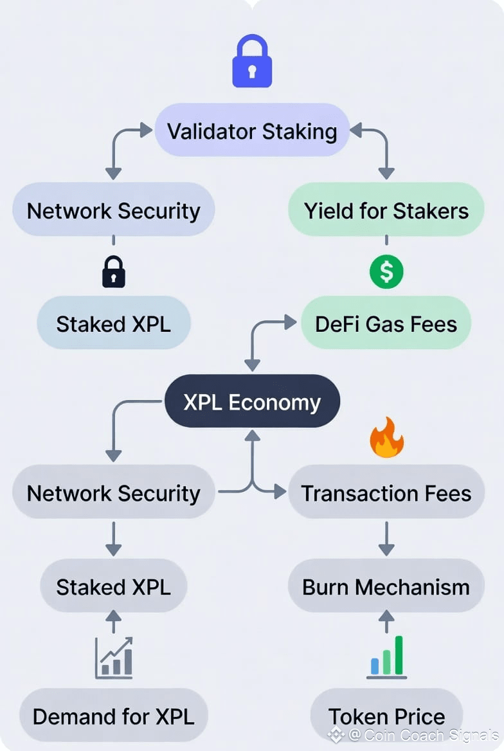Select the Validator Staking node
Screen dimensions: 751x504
pyautogui.click(x=252, y=131)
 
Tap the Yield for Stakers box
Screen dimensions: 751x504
pyautogui.click(x=386, y=210)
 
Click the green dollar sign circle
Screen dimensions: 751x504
pyautogui.click(x=386, y=271)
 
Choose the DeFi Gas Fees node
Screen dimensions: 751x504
pyautogui.click(x=386, y=323)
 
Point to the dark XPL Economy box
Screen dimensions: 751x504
pyautogui.click(x=252, y=402)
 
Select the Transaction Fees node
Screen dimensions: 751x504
pyautogui.click(x=386, y=493)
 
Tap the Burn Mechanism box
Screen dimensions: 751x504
pyautogui.click(x=386, y=586)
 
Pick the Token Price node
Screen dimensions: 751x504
pyautogui.click(x=386, y=716)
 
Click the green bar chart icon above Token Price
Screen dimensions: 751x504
pyautogui.click(x=386, y=657)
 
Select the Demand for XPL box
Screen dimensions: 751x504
pyautogui.click(x=113, y=716)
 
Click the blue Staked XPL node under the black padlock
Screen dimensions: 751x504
pyautogui.click(x=113, y=323)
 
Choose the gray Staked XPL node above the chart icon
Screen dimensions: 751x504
pyautogui.click(x=113, y=586)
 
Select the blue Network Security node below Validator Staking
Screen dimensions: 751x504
pyautogui.click(x=113, y=210)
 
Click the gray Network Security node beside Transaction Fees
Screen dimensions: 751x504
pyautogui.click(x=113, y=493)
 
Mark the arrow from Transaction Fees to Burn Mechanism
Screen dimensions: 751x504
pyautogui.click(x=386, y=539)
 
